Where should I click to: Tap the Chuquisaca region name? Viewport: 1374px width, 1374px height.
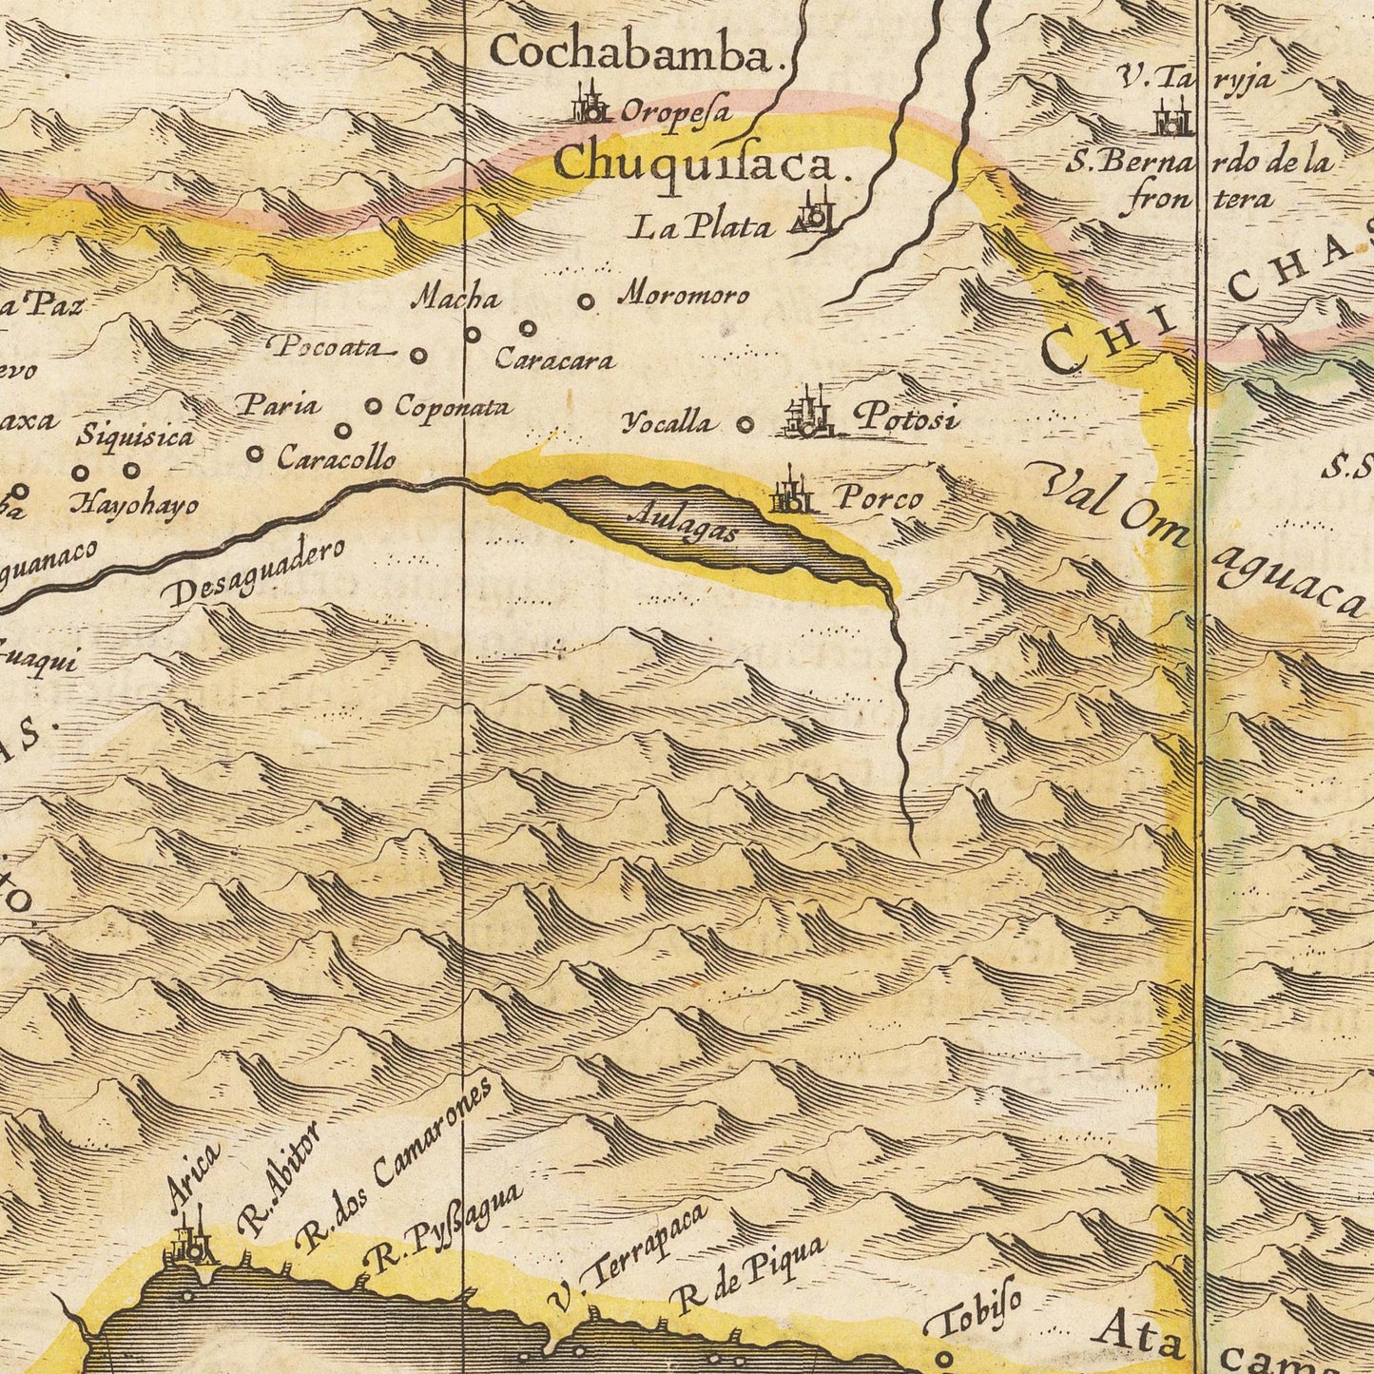click(696, 165)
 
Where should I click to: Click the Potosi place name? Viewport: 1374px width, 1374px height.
click(906, 418)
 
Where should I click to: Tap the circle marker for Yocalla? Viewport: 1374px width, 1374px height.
click(746, 425)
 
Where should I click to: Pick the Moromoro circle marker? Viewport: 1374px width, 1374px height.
click(588, 302)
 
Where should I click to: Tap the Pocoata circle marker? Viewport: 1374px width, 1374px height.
click(418, 355)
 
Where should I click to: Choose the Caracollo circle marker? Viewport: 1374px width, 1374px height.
click(255, 455)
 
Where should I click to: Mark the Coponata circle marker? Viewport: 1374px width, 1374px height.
click(374, 407)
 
